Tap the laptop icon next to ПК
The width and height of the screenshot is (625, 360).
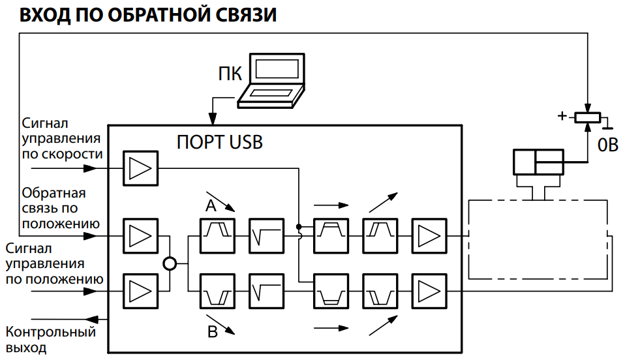pyautogui.click(x=271, y=80)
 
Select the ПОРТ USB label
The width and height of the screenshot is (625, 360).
pyautogui.click(x=220, y=142)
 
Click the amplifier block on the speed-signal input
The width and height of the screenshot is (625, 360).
pyautogui.click(x=140, y=168)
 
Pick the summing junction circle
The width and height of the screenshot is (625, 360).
pyautogui.click(x=170, y=263)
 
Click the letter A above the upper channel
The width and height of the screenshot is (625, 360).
pyautogui.click(x=211, y=205)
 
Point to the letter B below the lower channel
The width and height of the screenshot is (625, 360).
pyautogui.click(x=213, y=332)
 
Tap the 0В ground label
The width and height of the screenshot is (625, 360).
pyautogui.click(x=608, y=145)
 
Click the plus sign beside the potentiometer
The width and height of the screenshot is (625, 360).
pyautogui.click(x=562, y=116)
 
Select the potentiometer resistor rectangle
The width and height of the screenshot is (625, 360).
pyautogui.click(x=588, y=117)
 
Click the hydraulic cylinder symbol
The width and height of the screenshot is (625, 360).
pyautogui.click(x=538, y=162)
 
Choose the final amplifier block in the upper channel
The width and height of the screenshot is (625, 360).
pyautogui.click(x=429, y=236)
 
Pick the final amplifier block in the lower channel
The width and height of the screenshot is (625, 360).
pyautogui.click(x=429, y=291)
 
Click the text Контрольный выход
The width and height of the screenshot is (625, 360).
pyautogui.click(x=51, y=340)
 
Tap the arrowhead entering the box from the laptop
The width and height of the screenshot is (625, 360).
pyautogui.click(x=213, y=119)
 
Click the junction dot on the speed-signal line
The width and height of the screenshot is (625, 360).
pyautogui.click(x=299, y=226)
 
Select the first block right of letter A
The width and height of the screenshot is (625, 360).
pyautogui.click(x=217, y=236)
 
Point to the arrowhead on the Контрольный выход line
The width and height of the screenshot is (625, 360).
pyautogui.click(x=92, y=320)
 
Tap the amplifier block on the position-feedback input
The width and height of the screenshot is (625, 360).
pyautogui.click(x=140, y=236)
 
